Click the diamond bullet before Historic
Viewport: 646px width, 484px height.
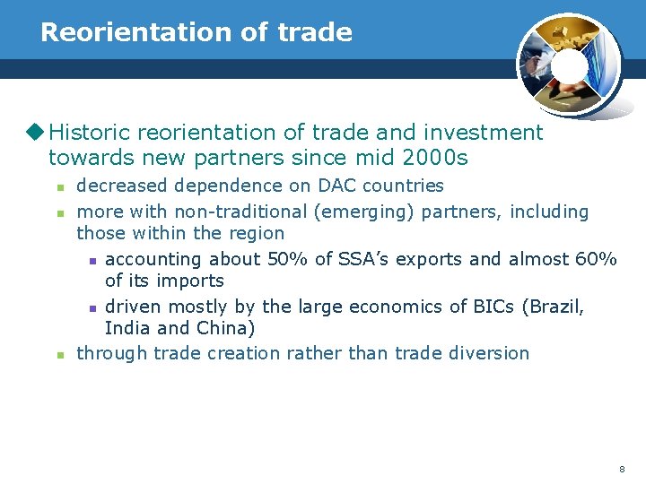tap(37, 133)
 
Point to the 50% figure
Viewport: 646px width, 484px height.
tap(284, 259)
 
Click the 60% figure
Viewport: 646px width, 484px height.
tap(596, 259)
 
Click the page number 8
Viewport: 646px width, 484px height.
tap(621, 470)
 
